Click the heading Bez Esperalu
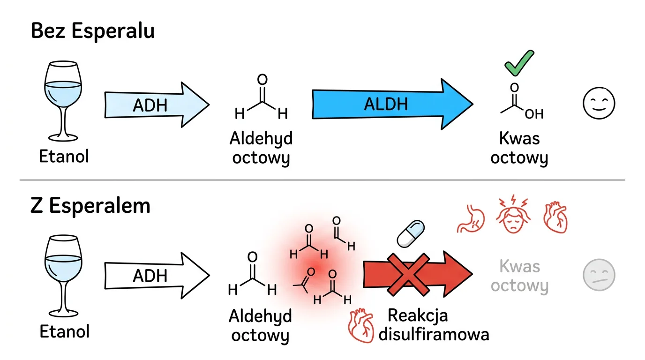(x=92, y=31)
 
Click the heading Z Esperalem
(x=90, y=206)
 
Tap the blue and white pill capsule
(x=411, y=233)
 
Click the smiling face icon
(x=599, y=104)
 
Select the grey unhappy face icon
(x=599, y=275)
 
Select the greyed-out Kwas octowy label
(x=519, y=276)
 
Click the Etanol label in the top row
(x=64, y=156)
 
